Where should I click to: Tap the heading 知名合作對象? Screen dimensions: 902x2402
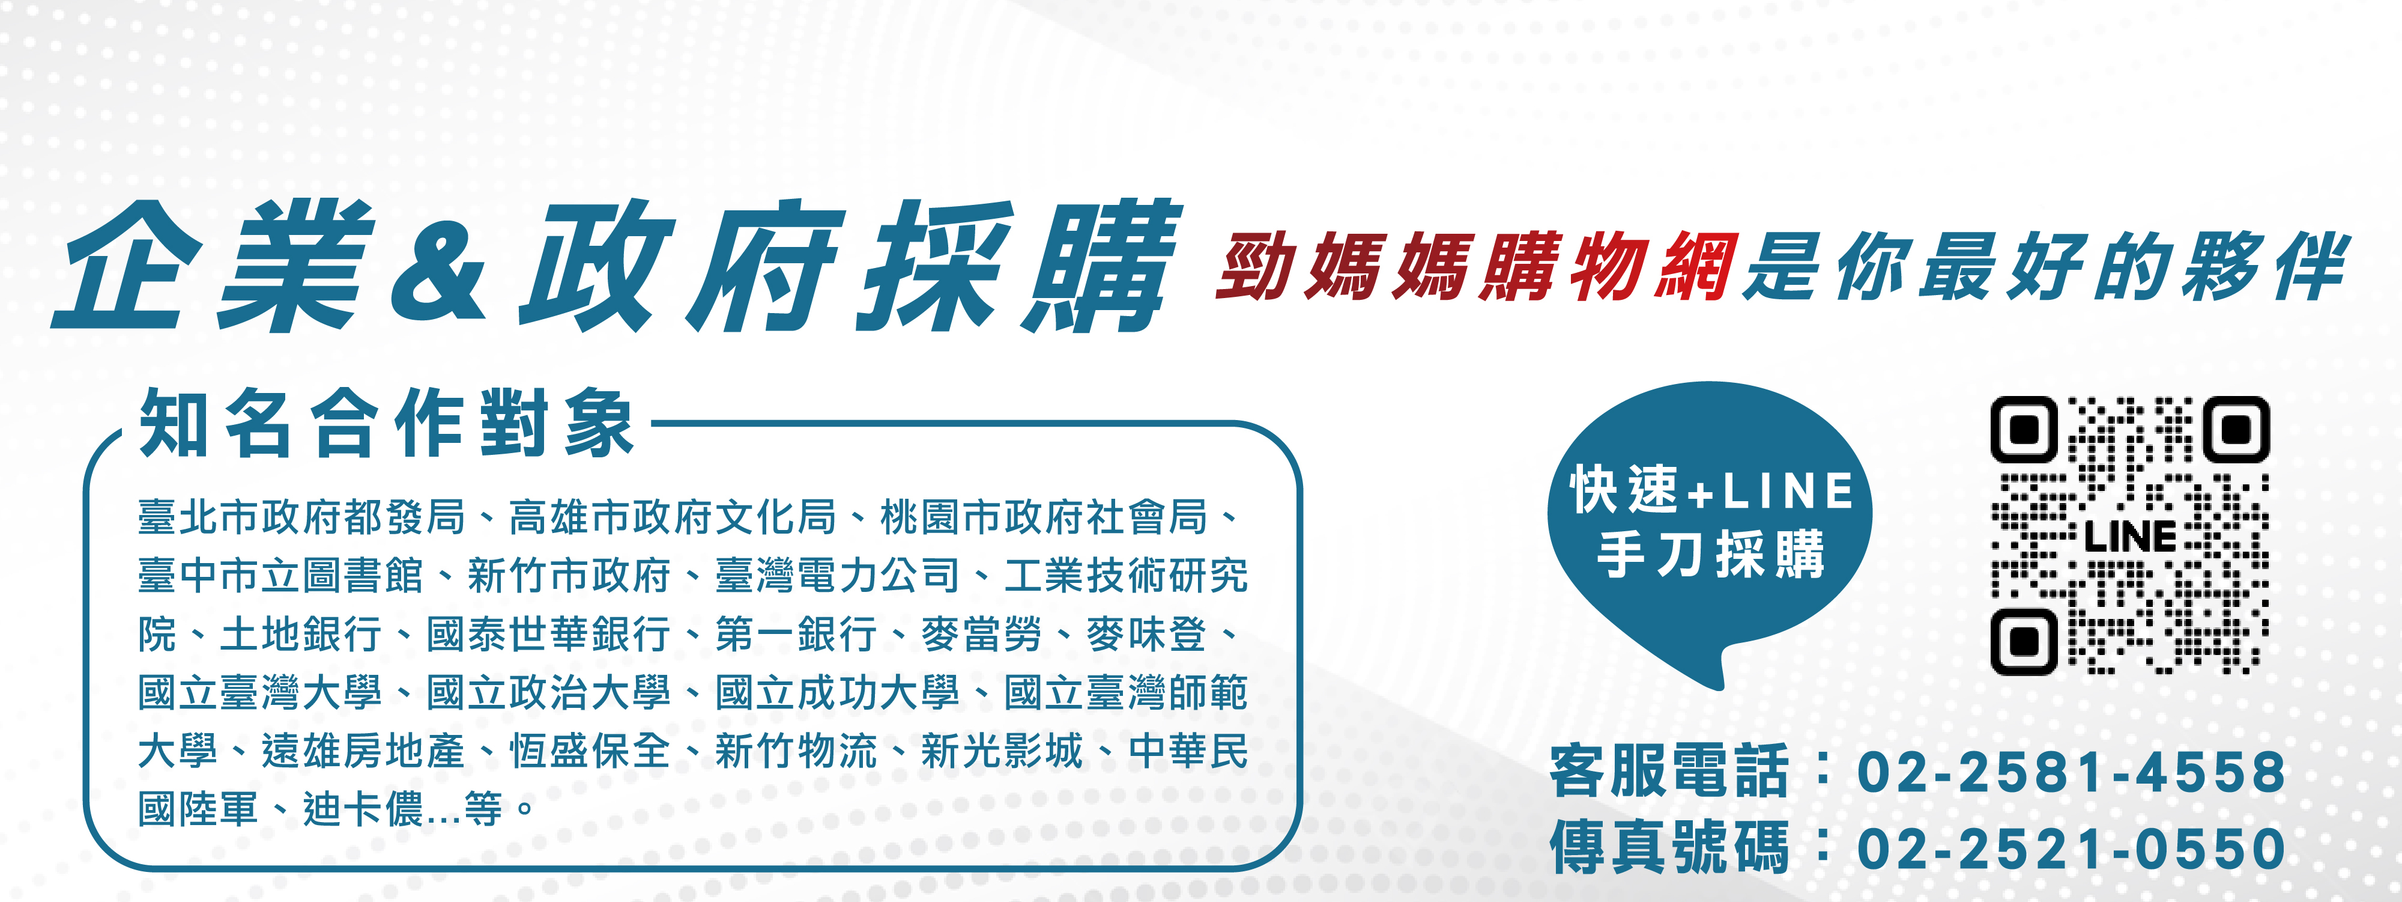coord(387,424)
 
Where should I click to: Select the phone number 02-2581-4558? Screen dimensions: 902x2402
coord(2071,772)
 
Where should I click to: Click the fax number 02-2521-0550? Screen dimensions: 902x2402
coord(2071,849)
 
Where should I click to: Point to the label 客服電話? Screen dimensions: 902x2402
coord(1669,772)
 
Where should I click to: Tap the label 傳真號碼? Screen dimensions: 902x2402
coord(1669,849)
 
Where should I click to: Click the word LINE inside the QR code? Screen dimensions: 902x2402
coord(2130,537)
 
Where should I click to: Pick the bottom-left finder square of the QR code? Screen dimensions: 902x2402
coord(2024,642)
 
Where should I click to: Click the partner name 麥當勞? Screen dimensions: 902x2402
coord(981,635)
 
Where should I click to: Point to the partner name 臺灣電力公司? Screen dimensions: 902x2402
coord(836,576)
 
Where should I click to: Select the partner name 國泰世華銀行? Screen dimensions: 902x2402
coord(548,635)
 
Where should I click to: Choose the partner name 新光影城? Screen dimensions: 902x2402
coord(1002,751)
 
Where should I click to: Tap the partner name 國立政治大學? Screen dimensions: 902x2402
coord(548,692)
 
